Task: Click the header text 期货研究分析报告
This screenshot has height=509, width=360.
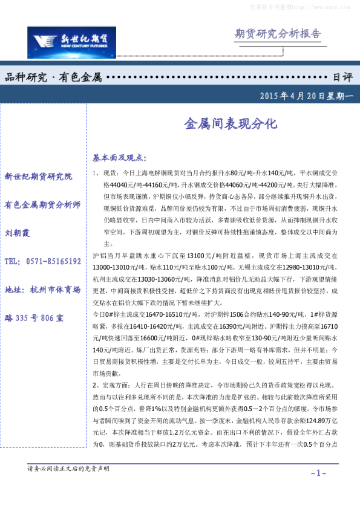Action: point(277,33)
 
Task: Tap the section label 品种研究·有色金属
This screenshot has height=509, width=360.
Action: point(53,78)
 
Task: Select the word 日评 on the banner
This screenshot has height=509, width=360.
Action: point(342,78)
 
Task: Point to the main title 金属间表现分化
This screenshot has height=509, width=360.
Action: point(230,124)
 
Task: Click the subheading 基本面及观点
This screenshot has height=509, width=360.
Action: point(119,158)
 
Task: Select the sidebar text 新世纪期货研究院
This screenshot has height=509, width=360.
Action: point(38,177)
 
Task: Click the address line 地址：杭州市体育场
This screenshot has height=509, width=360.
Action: point(42,290)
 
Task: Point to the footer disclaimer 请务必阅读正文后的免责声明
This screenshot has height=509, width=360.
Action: point(69,468)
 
